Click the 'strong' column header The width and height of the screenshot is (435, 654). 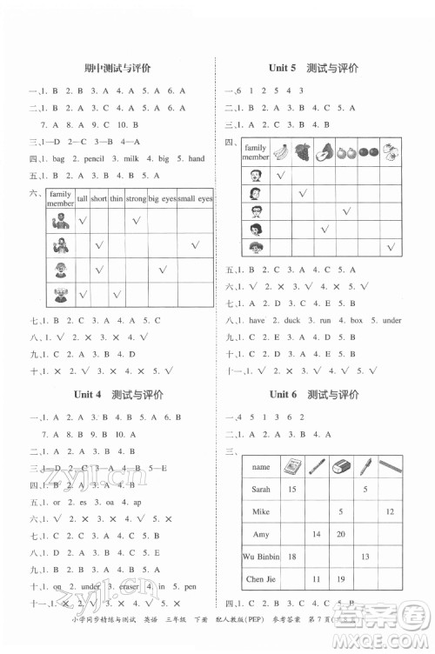click(136, 199)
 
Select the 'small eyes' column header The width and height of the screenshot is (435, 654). click(193, 199)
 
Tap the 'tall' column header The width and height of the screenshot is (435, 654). click(82, 199)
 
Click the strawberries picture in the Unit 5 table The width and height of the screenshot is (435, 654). click(389, 151)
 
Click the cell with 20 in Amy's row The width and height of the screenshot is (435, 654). click(340, 533)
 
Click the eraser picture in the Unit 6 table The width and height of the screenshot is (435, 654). click(340, 465)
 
